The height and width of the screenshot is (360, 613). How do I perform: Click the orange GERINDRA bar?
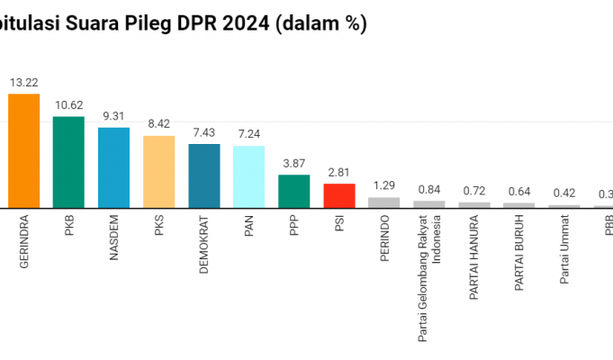(23, 150)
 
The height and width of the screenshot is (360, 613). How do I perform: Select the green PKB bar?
(68, 162)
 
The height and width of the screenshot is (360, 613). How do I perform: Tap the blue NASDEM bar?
(113, 167)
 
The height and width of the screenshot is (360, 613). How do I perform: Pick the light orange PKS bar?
(158, 172)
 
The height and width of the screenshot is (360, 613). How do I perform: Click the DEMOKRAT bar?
(203, 175)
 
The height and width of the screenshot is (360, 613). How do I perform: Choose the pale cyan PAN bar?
(248, 176)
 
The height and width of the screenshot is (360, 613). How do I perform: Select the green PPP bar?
(293, 191)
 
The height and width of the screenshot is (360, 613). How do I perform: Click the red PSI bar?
(338, 195)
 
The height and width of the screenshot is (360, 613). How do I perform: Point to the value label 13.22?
(23, 82)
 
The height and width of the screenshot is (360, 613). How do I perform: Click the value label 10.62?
(68, 104)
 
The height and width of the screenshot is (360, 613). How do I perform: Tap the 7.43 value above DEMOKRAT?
(203, 131)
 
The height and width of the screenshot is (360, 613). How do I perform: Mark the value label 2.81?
(338, 171)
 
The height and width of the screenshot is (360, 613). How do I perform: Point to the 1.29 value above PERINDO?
(383, 184)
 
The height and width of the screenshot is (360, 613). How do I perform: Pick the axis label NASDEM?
(113, 238)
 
